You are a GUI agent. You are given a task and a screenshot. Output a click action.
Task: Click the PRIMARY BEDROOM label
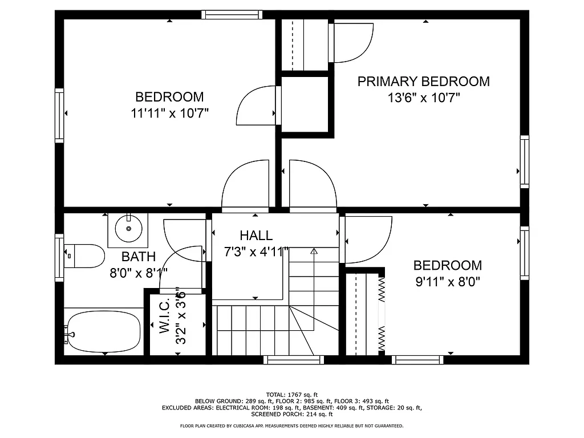point(423,82)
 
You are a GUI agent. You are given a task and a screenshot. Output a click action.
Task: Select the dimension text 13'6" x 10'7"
point(424,98)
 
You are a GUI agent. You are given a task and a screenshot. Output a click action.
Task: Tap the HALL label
point(256,235)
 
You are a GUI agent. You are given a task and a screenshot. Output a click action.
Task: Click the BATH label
point(138,257)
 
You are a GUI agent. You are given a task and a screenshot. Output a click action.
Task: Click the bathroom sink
point(128,228)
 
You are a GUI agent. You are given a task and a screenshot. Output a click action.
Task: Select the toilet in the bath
point(84,256)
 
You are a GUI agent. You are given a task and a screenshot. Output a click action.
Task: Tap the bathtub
point(103,332)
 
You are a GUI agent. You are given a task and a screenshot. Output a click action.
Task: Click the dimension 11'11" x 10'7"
point(169,113)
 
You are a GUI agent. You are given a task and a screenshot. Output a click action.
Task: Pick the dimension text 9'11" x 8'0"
point(447,281)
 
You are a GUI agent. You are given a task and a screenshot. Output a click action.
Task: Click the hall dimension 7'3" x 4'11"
point(256,252)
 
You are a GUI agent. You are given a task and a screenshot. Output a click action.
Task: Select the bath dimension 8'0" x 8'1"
point(138,273)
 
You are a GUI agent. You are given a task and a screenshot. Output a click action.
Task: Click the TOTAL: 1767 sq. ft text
point(292,395)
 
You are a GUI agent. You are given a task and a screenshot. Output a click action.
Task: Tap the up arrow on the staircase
point(313,251)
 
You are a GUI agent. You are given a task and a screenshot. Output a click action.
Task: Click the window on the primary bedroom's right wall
point(524,162)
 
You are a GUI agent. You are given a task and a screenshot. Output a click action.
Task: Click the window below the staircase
point(294,360)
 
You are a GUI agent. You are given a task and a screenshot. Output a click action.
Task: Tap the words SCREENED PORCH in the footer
point(271,415)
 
